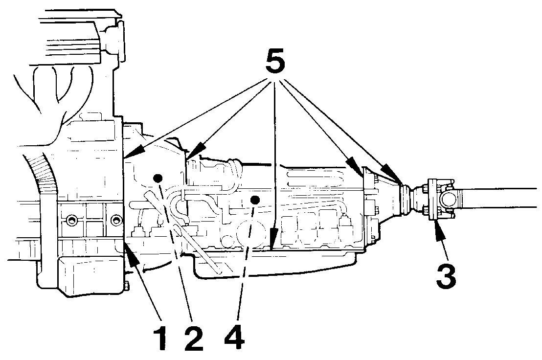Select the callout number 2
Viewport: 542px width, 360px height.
194,334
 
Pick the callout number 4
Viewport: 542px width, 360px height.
235,334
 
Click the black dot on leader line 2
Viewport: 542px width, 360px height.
158,179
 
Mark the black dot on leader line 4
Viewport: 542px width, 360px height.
255,200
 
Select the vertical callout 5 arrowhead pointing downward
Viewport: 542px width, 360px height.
273,240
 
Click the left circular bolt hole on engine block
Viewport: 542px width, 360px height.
72,220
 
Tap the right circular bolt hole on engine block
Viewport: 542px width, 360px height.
115,220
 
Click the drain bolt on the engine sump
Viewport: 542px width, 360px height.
126,287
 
